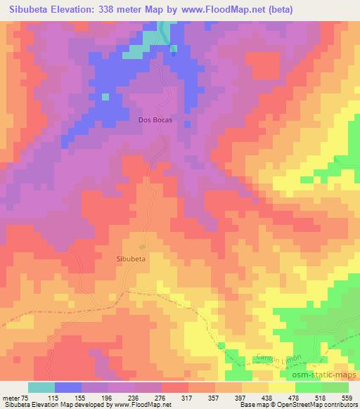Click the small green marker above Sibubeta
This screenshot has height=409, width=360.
tap(143, 247)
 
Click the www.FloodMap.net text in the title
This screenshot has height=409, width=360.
tap(217, 10)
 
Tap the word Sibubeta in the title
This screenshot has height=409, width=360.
tap(28, 10)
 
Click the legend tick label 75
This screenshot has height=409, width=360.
tap(25, 396)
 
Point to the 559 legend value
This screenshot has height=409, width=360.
tap(347, 396)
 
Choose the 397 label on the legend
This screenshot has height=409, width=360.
tap(240, 396)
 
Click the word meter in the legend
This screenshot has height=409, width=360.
tap(11, 396)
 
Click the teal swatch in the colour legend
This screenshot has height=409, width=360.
tap(41, 387)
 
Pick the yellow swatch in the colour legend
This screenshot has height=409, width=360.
tap(281, 387)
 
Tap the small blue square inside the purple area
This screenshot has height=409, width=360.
tap(105, 96)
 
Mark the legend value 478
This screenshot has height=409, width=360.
tap(293, 396)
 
